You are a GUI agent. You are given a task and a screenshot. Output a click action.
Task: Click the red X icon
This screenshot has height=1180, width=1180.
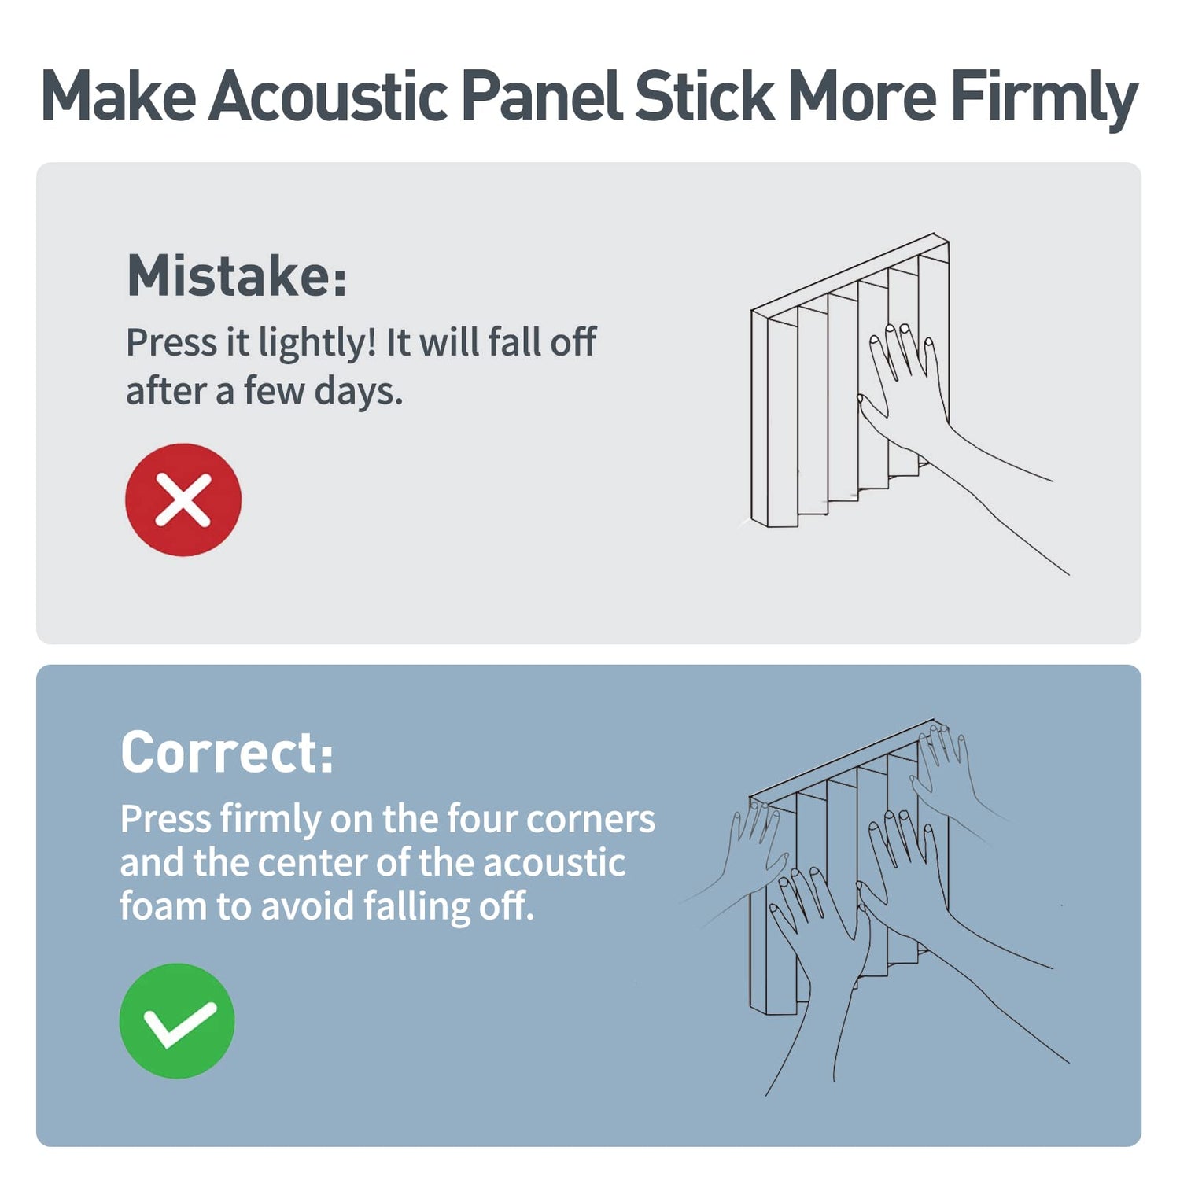[183, 500]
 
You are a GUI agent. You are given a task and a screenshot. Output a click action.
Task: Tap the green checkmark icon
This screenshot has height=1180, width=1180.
[177, 1020]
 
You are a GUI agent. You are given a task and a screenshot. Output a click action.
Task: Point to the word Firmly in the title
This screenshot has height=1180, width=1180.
[1044, 99]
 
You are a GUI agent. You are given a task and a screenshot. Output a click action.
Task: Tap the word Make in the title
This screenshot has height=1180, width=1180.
[119, 96]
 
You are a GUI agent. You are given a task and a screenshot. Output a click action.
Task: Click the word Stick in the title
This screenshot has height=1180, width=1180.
[704, 96]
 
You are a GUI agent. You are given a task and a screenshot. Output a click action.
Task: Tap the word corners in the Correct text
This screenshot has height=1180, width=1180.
[590, 820]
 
